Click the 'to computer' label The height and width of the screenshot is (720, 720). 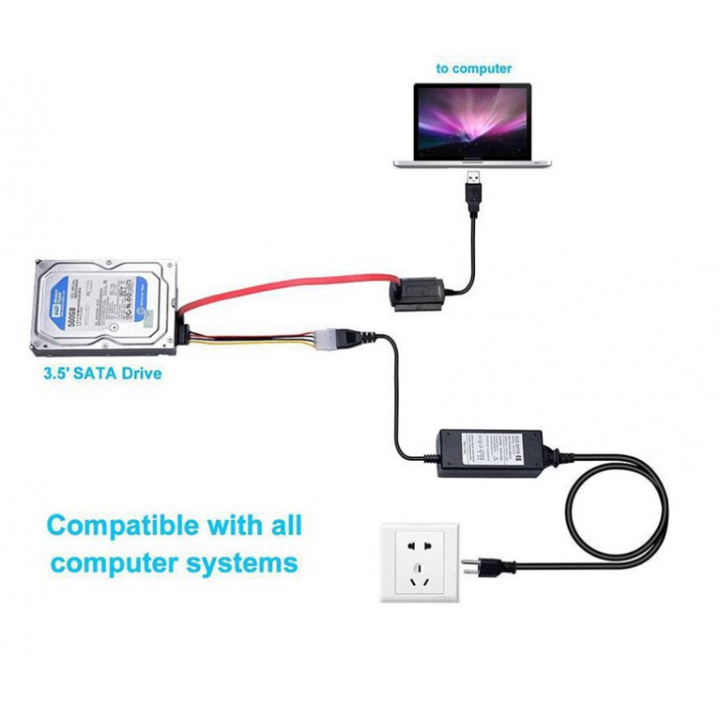pos(473,68)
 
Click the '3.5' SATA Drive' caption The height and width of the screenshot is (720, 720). pos(102,371)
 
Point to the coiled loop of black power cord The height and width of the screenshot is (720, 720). pos(621,504)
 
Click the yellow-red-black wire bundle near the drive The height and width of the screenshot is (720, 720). pos(252,338)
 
